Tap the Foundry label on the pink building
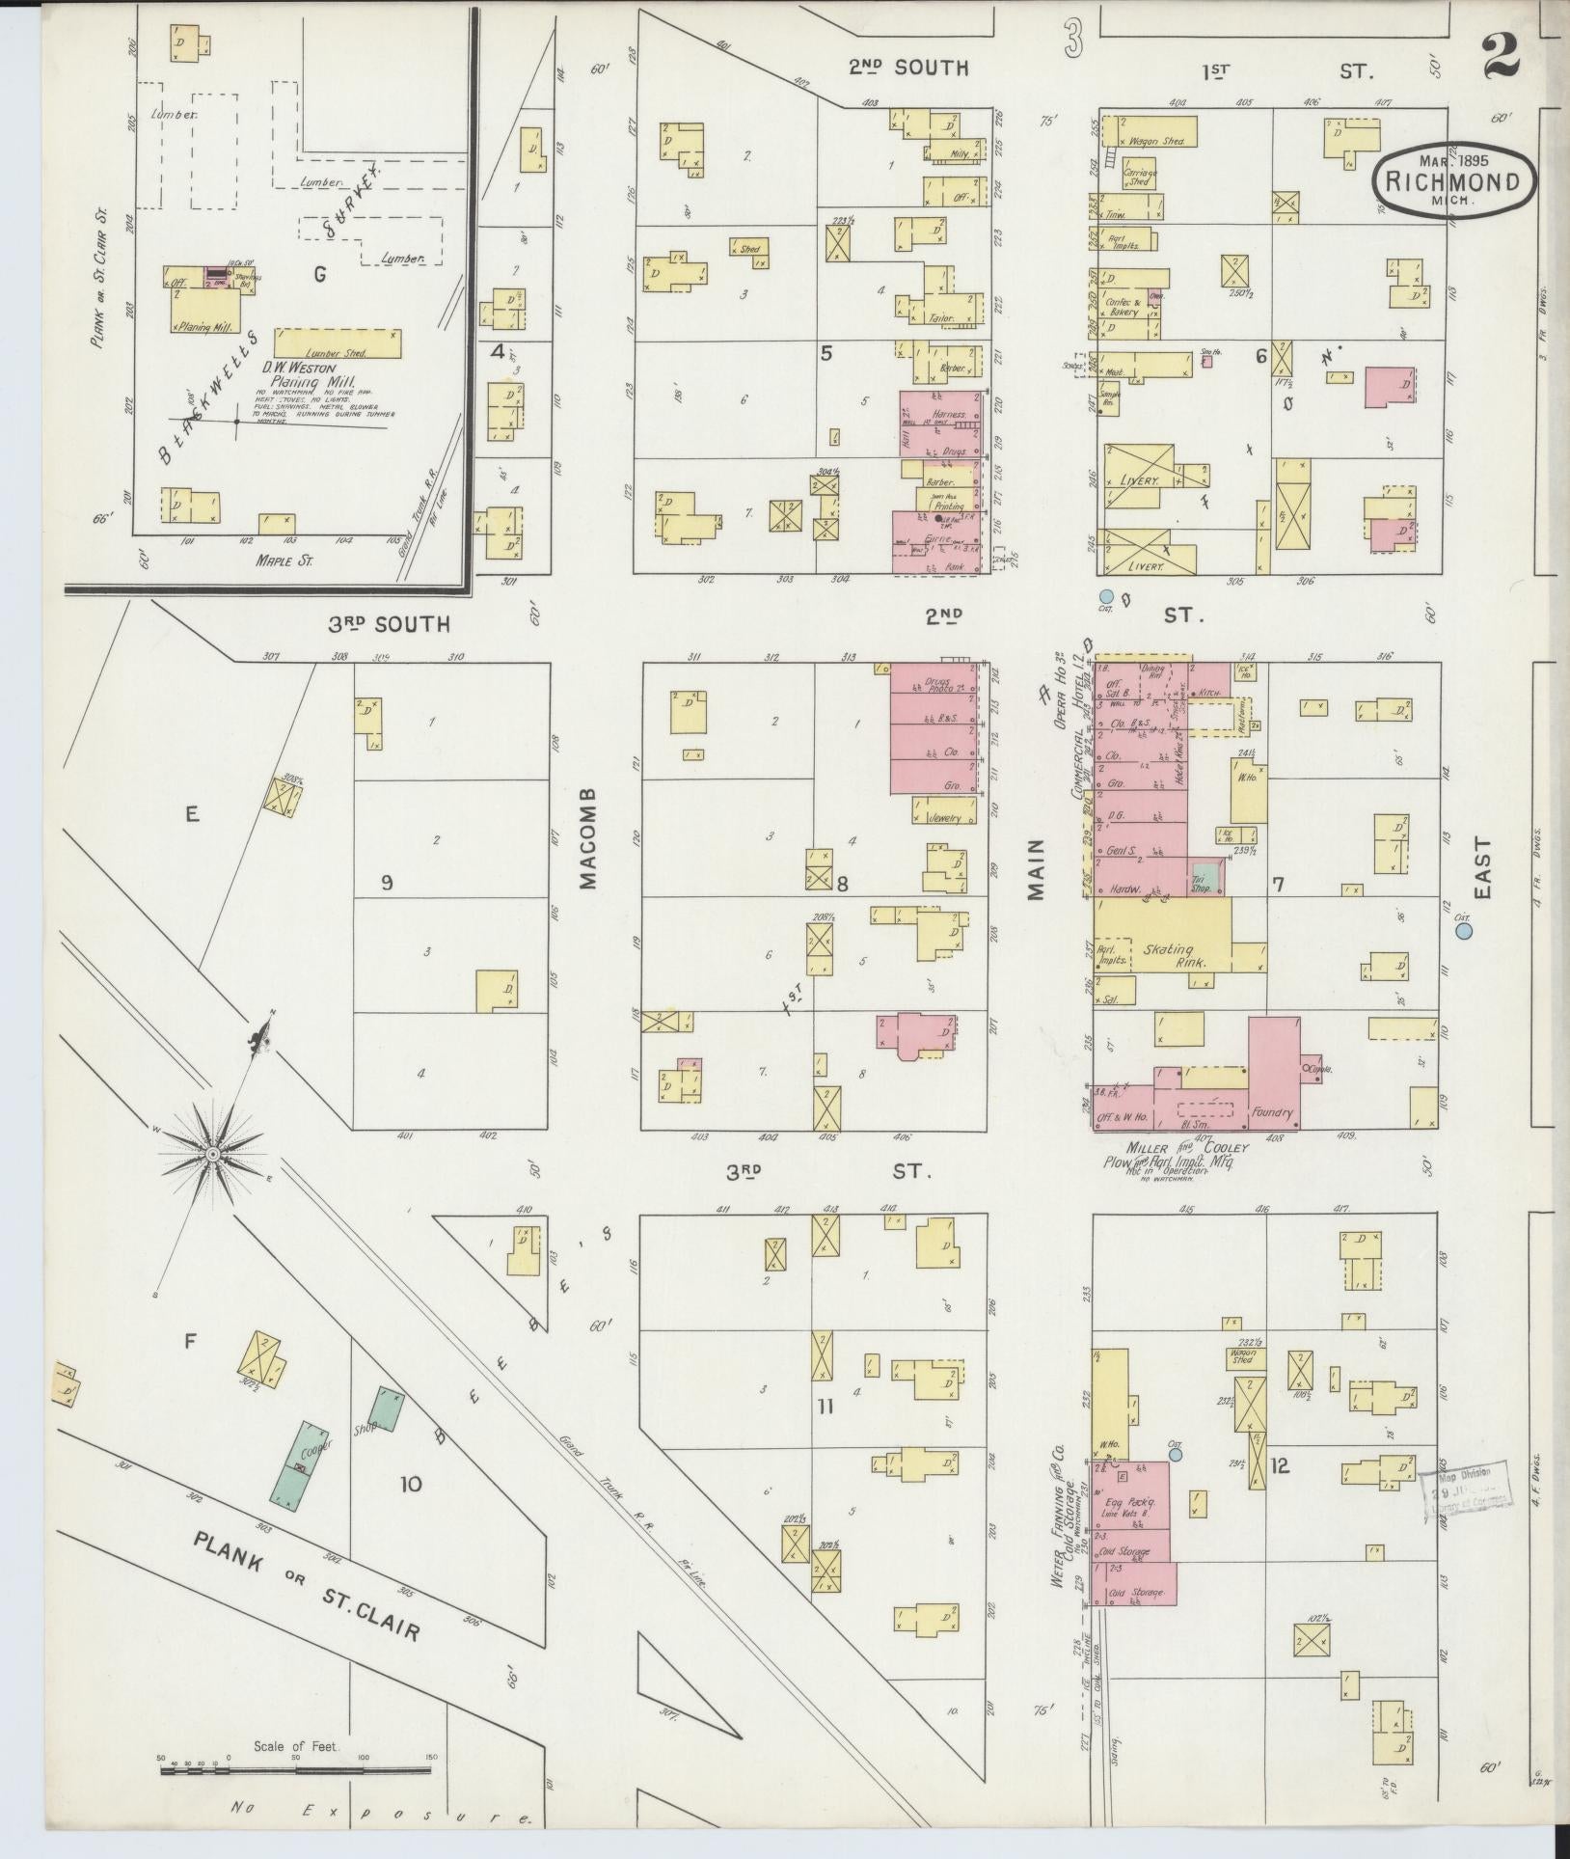pyautogui.click(x=1272, y=1112)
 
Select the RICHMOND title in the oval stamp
pyautogui.click(x=1447, y=181)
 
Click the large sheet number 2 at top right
pyautogui.click(x=1501, y=56)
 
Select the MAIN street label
pyautogui.click(x=1038, y=868)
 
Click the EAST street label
pyautogui.click(x=1482, y=868)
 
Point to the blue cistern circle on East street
pyautogui.click(x=1465, y=932)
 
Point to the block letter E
pyautogui.click(x=192, y=815)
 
